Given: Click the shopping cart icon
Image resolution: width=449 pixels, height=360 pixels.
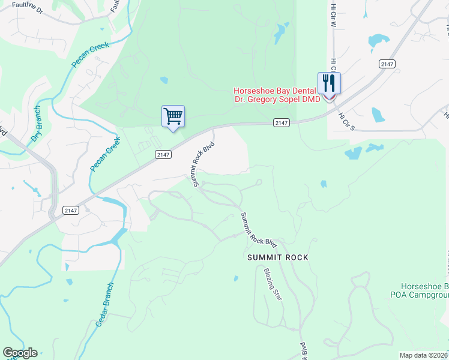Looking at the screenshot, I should [173, 116].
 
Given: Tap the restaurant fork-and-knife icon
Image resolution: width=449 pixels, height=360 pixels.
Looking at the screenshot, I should [329, 83].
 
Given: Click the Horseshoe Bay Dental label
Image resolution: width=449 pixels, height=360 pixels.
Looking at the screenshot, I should [276, 91].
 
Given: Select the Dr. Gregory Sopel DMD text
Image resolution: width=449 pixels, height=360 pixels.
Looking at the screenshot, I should [277, 99].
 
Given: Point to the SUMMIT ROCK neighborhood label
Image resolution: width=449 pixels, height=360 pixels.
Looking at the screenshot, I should [277, 257].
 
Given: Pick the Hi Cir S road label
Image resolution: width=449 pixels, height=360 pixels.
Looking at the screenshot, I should [346, 122].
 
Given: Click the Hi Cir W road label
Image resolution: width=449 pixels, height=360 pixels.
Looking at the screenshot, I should [333, 13].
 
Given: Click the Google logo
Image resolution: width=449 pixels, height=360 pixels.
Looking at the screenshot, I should [20, 353].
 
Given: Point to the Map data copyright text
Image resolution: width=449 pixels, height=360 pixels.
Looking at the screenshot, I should [423, 355].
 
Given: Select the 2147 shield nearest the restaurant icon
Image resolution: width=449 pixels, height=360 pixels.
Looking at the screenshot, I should [387, 64].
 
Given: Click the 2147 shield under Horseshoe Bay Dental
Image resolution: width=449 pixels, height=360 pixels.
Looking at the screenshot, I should [282, 122].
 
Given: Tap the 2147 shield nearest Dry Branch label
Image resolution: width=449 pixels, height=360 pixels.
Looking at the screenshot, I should [71, 209].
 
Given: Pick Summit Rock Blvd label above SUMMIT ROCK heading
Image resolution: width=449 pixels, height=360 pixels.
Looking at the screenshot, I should [259, 230].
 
